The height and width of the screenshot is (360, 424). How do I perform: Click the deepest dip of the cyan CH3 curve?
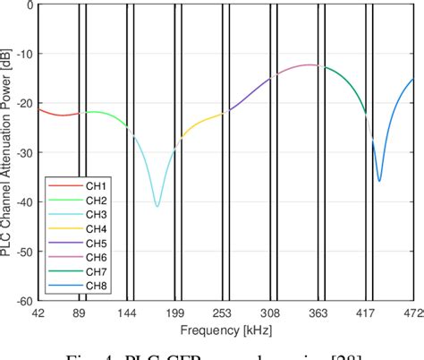[157, 206]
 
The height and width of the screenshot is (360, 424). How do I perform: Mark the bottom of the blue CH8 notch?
[379, 180]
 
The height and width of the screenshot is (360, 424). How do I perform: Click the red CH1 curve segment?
[57, 115]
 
